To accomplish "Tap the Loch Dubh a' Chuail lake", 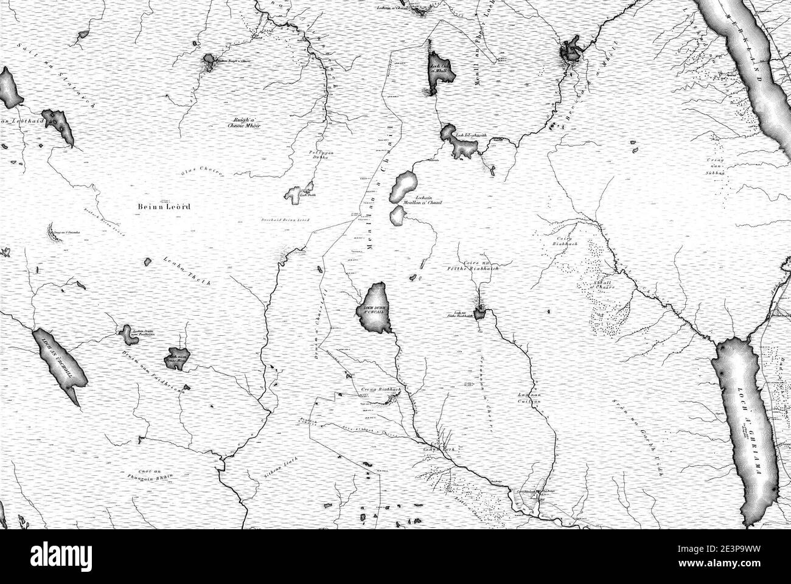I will tap(374, 308).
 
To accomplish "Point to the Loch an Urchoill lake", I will tap(57, 365).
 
